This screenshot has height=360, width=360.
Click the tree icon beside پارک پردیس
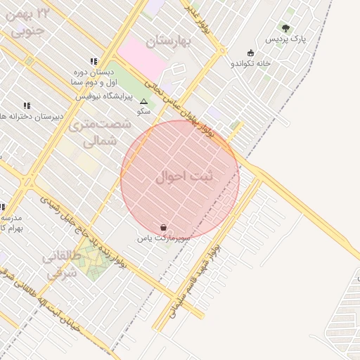pos(285,29)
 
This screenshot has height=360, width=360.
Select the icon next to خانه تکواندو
pos(251,53)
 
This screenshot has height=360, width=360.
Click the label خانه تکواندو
pos(251,63)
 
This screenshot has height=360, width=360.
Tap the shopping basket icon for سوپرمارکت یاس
pos(164,227)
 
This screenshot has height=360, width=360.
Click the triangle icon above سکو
pos(144,101)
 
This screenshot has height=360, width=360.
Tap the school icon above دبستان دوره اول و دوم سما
pos(93,61)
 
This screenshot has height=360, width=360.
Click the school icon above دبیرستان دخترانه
pos(27,105)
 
